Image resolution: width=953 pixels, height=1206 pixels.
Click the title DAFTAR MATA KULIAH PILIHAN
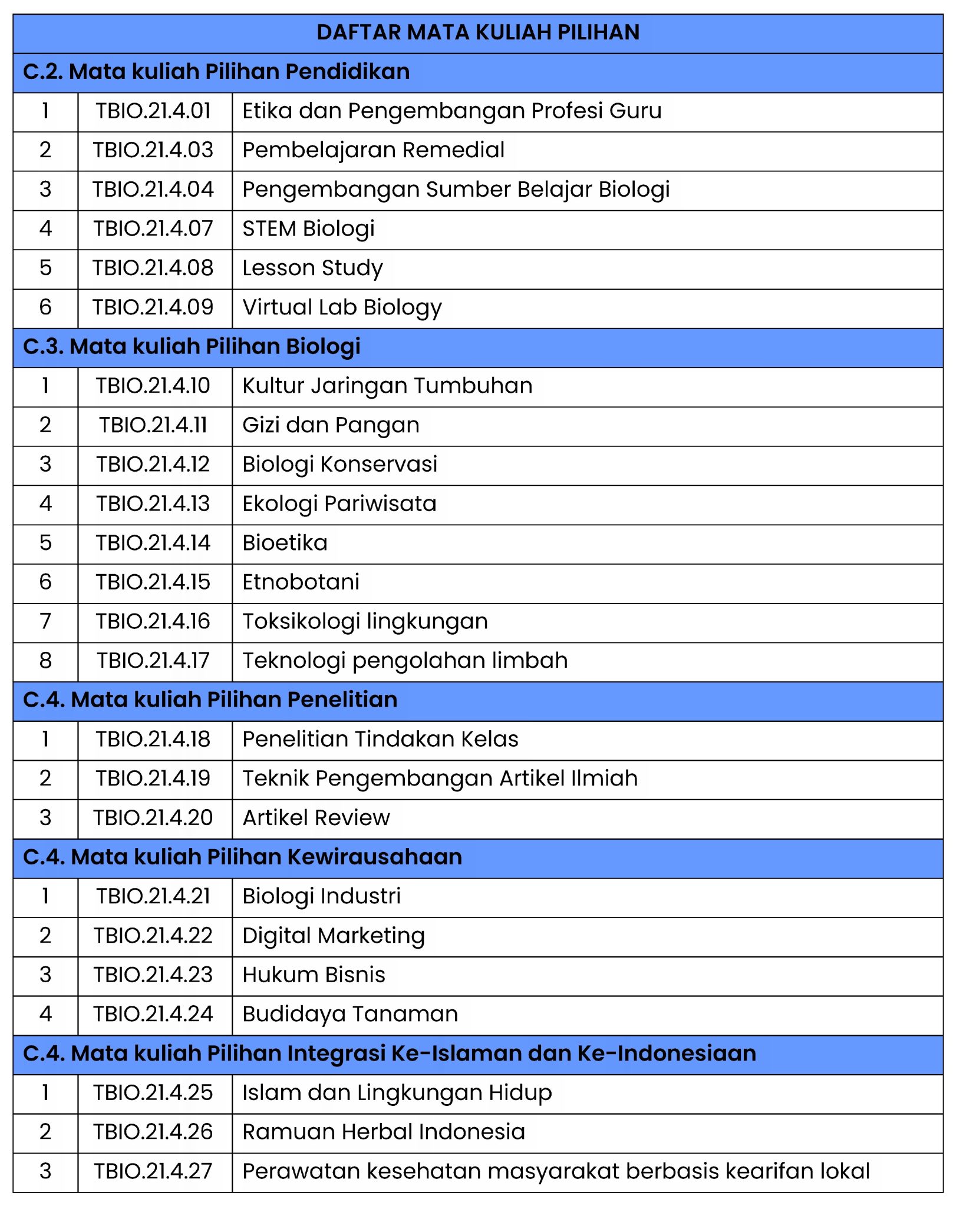coord(477,32)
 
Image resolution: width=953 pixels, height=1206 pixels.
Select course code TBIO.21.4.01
coord(153,111)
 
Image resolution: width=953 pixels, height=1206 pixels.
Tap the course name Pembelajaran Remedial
coord(373,150)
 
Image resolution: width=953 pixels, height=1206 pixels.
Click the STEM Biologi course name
coord(308,228)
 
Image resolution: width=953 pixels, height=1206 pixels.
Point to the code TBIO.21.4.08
coord(153,268)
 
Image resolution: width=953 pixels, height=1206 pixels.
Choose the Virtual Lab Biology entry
coord(342,307)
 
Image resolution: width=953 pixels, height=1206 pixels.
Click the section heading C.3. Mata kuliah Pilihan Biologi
coord(192,346)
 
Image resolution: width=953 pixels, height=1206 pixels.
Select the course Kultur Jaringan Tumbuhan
coord(387,386)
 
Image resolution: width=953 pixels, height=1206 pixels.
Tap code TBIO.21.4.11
coord(153,425)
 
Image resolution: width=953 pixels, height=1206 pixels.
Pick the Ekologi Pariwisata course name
coord(339,503)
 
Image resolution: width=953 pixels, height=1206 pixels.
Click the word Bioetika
coord(285,543)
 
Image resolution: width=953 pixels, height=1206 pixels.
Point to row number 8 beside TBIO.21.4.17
coord(45,661)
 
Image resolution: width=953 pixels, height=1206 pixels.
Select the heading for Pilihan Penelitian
coord(210,700)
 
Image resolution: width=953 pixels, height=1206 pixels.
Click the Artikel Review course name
coord(316,818)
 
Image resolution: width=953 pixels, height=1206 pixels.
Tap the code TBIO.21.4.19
coord(153,778)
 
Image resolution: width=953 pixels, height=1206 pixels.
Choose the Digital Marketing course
coord(334,936)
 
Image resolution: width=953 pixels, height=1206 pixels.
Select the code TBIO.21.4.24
coord(153,1014)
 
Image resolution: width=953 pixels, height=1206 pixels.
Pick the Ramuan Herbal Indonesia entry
coord(383,1132)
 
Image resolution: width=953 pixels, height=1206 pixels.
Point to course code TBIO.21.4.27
coord(153,1171)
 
